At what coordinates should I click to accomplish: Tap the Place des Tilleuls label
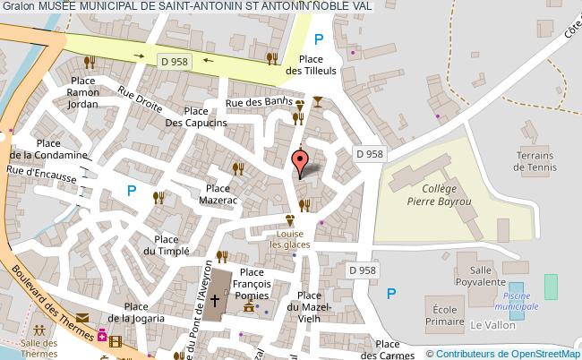click(316, 64)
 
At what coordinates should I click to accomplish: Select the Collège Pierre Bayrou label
click(439, 195)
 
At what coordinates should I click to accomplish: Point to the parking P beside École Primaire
click(390, 293)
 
